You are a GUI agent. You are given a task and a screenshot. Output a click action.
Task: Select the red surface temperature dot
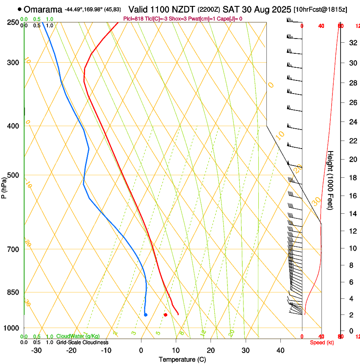point(166,315)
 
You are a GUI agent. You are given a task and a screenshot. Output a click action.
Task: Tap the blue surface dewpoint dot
point(145,315)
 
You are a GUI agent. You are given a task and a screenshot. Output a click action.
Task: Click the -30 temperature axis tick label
point(36,350)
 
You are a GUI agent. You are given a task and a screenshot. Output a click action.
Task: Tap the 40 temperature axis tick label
point(280,350)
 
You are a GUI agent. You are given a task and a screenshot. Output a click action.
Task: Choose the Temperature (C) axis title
point(182,360)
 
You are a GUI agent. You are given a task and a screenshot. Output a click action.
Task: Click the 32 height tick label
point(352,42)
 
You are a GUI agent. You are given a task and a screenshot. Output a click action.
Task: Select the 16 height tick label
point(352,196)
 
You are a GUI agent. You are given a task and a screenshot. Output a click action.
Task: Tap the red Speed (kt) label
point(321,342)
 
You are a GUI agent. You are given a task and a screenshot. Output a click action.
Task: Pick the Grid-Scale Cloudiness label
point(82,342)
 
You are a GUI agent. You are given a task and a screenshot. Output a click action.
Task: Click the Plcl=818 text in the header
point(133,19)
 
